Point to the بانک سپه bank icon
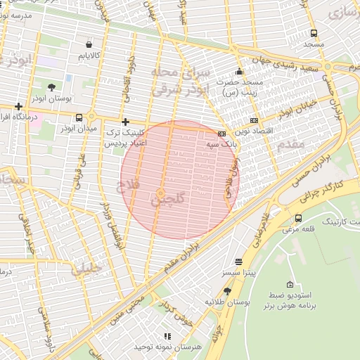[x=222, y=133]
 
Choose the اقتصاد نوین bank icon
[x=254, y=120]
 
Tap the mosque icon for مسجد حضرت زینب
[x=239, y=71]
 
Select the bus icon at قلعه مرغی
[x=300, y=218]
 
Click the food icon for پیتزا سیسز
[x=238, y=262]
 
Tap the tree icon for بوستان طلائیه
[x=227, y=290]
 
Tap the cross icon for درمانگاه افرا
[x=18, y=106]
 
